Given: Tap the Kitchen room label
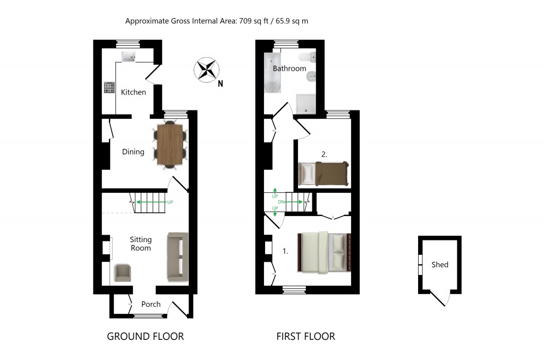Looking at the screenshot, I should coord(133,92).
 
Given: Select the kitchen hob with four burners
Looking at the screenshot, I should coord(109,88).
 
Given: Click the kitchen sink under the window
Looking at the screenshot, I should coord(129,56).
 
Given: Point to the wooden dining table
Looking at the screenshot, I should coord(170,144).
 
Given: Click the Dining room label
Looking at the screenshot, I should coord(133,152).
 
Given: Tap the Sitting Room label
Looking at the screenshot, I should coord(140,244).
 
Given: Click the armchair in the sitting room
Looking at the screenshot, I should coord(123,272).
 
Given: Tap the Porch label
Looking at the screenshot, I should coord(151,304).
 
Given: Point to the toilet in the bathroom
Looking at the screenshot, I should coord(307,57).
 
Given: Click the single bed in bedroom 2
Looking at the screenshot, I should coord(323,173).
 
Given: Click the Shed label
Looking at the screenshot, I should coord(440,264).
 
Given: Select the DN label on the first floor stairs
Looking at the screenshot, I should coord(282,202).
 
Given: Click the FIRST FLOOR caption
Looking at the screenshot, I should coord(305,336).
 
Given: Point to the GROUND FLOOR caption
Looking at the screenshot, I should coord(145,336).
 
